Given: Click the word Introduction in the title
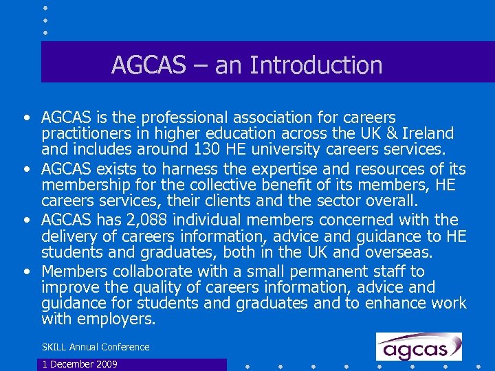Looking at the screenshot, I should coord(316,65).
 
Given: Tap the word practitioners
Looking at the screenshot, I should coord(84,133).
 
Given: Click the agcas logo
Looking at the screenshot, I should coord(419,347).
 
